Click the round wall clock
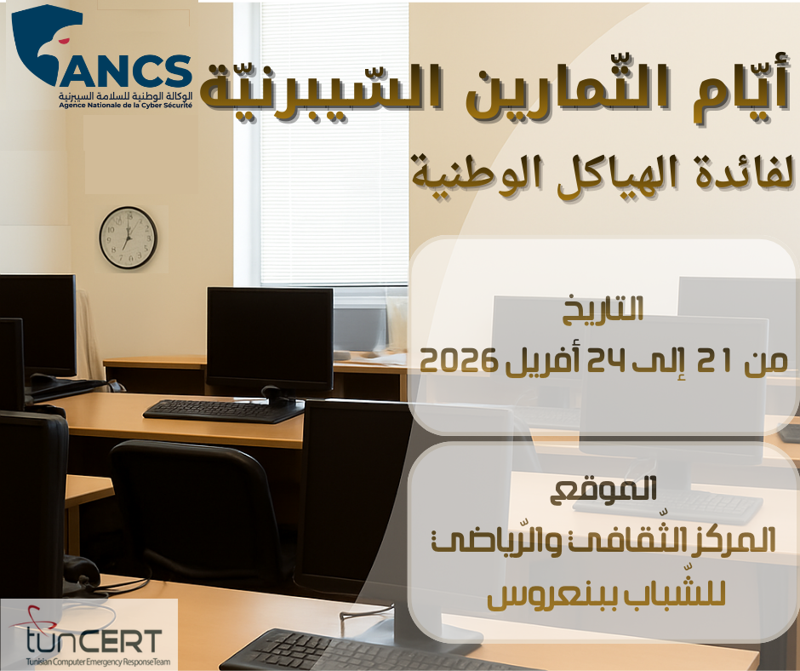click(128, 238)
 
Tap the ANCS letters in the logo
click(126, 72)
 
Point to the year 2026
click(458, 361)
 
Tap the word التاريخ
click(603, 309)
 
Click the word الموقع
click(603, 490)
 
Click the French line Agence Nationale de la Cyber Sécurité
click(125, 106)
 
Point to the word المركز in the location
click(734, 540)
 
